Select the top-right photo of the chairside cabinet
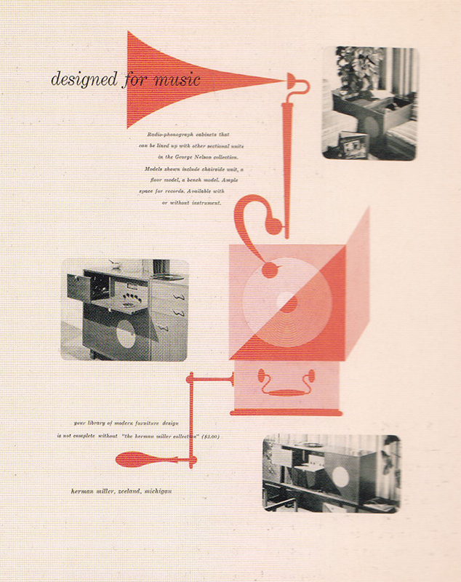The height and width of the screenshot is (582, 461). pos(369,103)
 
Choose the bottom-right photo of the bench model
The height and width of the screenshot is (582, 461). pos(331,472)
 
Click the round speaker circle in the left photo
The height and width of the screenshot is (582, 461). pos(124,334)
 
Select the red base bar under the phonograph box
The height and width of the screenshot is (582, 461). pos(286,412)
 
